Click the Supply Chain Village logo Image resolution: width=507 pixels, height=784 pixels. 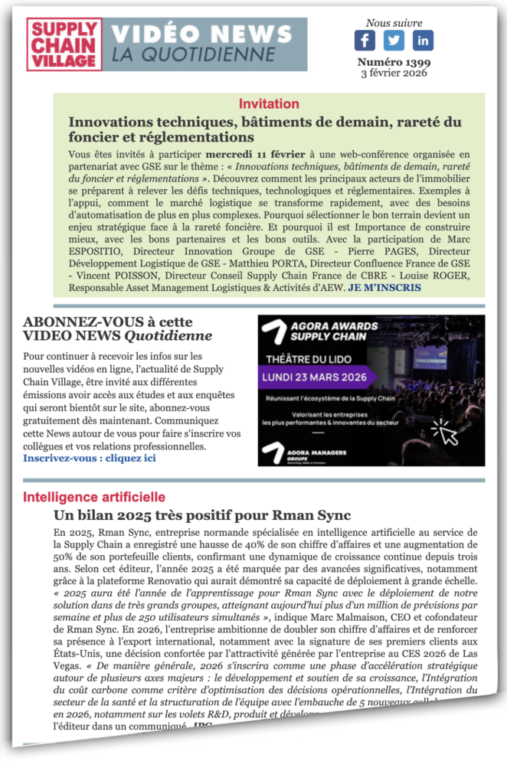(x=64, y=44)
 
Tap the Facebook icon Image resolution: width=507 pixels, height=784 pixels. (x=365, y=41)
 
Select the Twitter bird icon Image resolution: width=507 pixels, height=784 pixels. (x=394, y=41)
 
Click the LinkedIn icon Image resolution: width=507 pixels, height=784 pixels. (x=423, y=41)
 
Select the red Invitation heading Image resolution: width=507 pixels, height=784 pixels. (x=269, y=104)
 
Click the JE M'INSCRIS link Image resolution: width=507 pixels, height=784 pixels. (x=384, y=287)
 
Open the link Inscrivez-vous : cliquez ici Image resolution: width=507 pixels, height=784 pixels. (x=90, y=459)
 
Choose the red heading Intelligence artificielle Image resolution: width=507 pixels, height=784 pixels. (x=94, y=497)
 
